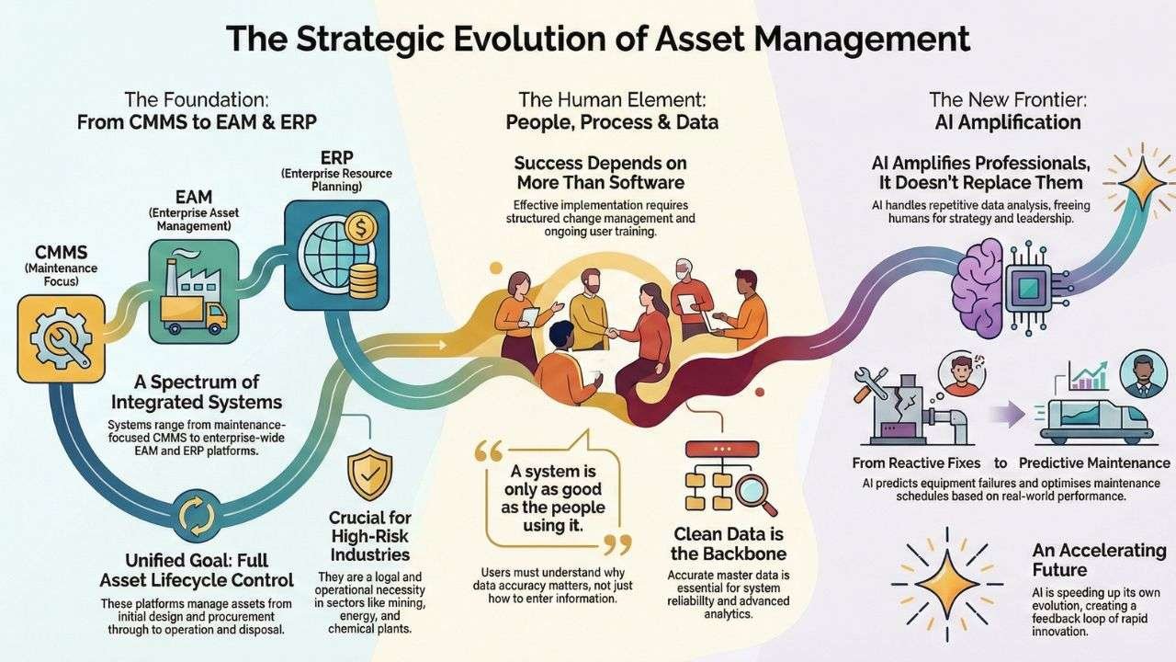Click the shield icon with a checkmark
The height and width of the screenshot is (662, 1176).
pyautogui.click(x=370, y=474)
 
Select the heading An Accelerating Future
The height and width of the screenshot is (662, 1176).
pyautogui.click(x=1098, y=560)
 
